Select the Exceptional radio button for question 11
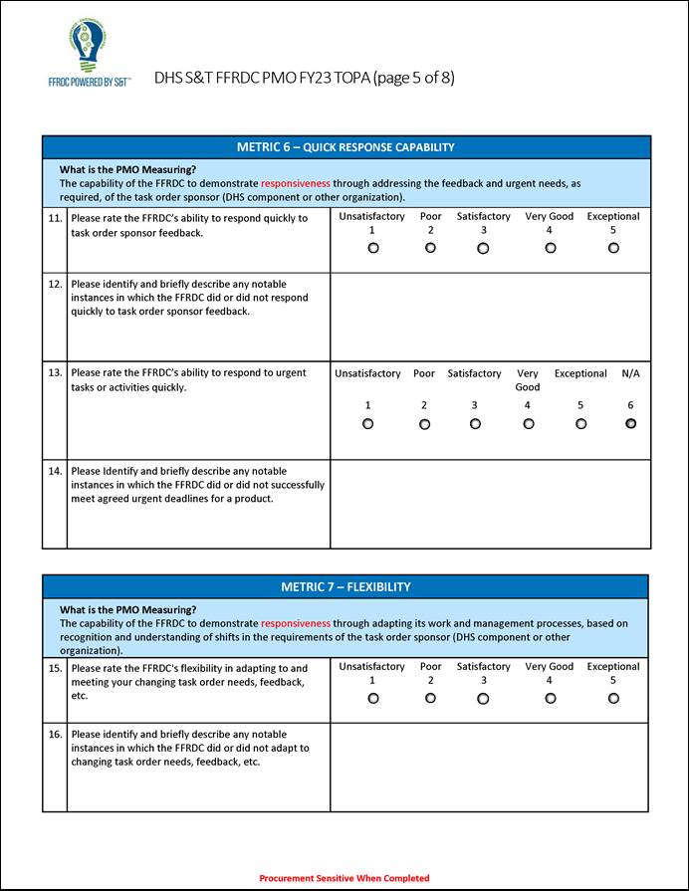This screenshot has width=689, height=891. click(x=613, y=248)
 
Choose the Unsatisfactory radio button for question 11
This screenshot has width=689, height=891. click(x=372, y=248)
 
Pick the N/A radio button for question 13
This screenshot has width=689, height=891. click(x=630, y=423)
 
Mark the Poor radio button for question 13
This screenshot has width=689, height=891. click(x=424, y=424)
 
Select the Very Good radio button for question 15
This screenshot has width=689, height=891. click(x=550, y=698)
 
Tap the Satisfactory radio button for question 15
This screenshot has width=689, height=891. click(x=483, y=698)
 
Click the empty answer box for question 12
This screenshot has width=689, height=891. click(x=490, y=317)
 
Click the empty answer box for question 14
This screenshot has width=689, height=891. click(x=490, y=504)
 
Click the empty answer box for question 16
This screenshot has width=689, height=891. click(x=490, y=767)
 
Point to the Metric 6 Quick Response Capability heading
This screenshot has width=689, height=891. click(x=345, y=147)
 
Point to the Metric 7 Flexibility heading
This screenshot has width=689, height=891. click(x=345, y=586)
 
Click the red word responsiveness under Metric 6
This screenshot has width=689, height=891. click(x=296, y=183)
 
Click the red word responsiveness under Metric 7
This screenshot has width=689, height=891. click(x=296, y=623)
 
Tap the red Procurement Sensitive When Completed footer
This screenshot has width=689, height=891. click(x=344, y=878)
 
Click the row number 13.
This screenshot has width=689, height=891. click(x=55, y=373)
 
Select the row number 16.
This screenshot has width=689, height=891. click(x=55, y=735)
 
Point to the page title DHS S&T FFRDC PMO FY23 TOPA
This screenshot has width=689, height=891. click(x=304, y=78)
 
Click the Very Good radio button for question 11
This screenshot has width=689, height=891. click(x=550, y=248)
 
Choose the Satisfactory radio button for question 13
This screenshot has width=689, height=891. click(x=475, y=424)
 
